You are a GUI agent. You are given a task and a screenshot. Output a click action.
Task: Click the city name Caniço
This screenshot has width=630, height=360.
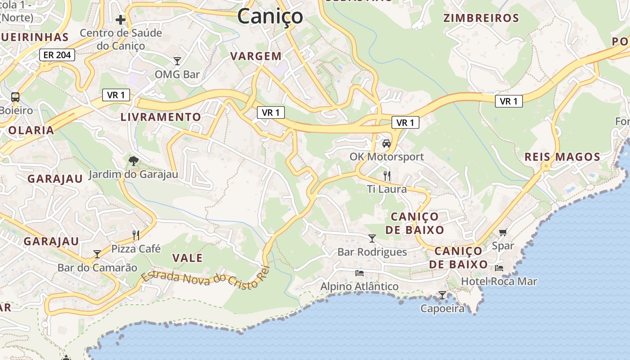270,17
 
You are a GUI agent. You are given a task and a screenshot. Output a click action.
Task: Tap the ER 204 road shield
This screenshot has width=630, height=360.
57,55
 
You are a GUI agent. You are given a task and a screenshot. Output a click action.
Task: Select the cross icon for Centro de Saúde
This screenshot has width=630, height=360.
120,19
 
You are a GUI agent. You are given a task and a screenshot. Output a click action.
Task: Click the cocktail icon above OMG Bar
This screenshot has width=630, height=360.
177,61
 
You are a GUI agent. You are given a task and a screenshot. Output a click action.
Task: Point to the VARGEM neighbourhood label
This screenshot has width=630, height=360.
256,56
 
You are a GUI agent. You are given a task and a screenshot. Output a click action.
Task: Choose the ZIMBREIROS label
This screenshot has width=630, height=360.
481,18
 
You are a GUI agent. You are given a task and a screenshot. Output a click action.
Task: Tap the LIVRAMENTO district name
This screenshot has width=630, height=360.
161,117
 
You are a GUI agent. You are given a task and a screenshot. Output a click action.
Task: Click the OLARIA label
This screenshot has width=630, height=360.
31,130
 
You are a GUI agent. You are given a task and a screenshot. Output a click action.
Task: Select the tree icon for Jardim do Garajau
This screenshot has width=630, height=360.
133,161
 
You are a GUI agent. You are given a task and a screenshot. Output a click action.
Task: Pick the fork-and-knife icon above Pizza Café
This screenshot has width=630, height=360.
136,235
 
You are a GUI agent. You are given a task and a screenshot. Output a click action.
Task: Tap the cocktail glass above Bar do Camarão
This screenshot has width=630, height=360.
97,254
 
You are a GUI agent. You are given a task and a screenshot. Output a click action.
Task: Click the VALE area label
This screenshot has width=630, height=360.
188,258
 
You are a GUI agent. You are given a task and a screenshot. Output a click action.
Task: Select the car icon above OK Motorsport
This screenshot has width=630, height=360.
386,144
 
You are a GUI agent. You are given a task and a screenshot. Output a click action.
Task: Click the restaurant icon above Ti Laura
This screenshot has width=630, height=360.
386,175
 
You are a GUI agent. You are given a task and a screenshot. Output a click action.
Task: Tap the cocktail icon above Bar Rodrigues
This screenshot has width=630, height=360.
372,238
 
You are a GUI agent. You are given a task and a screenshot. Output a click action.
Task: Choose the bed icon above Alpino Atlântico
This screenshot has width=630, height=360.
359,273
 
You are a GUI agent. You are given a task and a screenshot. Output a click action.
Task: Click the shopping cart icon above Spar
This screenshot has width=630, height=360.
503,232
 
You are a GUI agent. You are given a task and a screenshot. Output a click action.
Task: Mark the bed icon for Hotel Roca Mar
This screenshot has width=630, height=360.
499,268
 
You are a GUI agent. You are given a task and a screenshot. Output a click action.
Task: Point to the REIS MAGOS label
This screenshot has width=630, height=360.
562,157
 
